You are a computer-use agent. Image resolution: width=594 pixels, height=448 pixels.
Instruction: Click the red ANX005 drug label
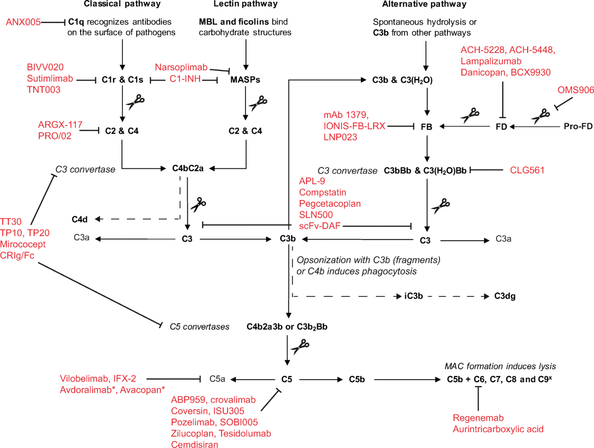coord(23,22)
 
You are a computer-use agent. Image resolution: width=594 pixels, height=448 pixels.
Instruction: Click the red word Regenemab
coord(477,418)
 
